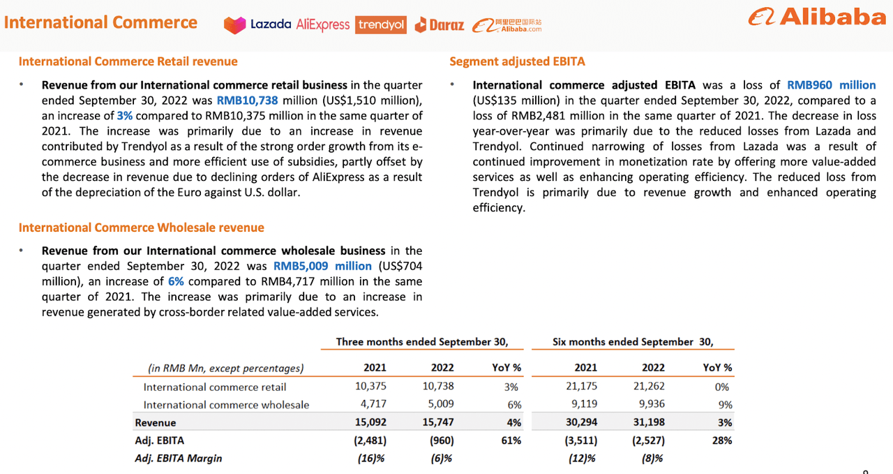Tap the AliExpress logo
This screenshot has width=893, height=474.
322,25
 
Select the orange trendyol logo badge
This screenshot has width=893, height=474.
381,25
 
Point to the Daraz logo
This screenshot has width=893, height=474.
439,25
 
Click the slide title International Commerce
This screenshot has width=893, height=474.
100,22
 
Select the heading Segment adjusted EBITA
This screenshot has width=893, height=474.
517,61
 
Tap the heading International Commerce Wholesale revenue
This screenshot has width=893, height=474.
141,228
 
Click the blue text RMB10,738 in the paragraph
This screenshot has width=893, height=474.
247,100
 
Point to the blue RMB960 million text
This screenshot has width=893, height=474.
831,85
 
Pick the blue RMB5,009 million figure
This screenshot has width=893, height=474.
322,266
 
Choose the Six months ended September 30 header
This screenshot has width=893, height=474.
633,342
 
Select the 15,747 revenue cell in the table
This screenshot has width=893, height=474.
439,422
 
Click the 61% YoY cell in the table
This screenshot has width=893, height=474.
511,440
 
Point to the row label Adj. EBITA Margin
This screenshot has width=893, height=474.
179,459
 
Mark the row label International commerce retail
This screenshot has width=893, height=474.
215,387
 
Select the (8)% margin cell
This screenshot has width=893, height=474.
652,459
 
